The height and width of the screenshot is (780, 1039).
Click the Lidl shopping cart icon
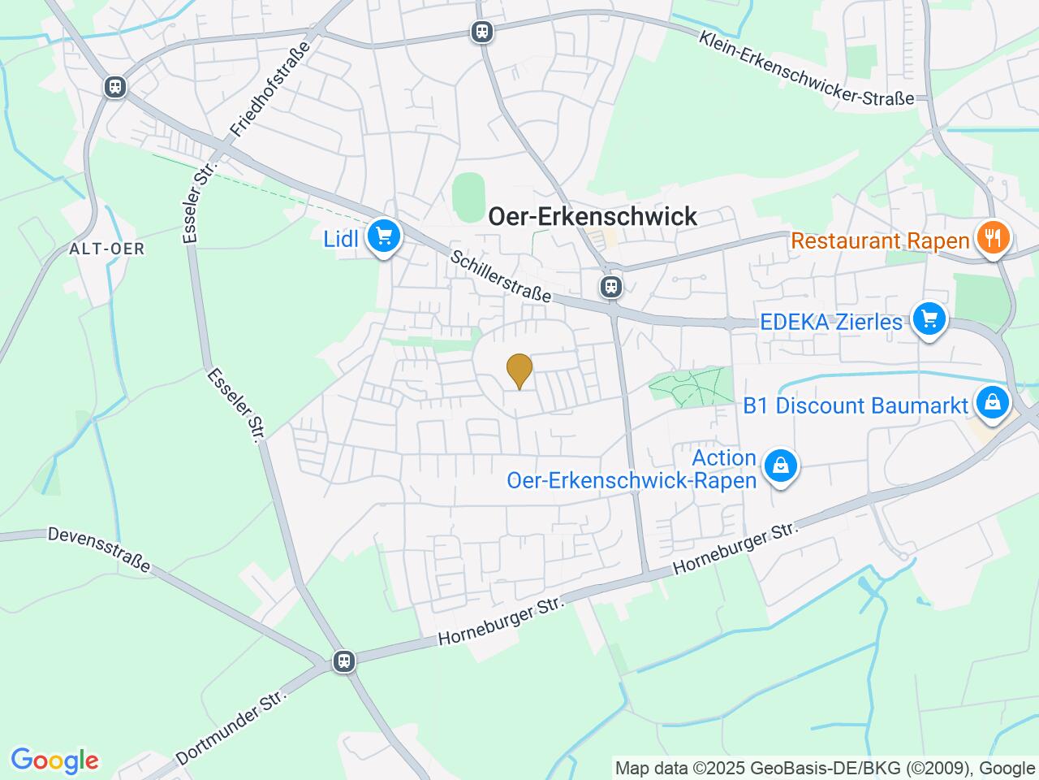383,236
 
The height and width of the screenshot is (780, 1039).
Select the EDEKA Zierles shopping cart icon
929,318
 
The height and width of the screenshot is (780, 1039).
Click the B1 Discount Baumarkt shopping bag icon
991,402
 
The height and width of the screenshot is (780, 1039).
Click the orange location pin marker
519,371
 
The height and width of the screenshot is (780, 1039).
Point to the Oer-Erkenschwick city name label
593,216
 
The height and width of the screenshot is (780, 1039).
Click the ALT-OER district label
107,249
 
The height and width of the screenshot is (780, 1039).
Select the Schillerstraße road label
501,276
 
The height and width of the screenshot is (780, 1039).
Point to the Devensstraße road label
99,549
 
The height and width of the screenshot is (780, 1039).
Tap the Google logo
54,761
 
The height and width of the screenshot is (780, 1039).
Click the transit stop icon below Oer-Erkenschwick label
610,286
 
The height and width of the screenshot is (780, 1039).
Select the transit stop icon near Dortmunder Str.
344,661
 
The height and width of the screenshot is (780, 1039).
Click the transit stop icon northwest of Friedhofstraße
115,87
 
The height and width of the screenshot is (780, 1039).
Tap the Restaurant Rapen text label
880,240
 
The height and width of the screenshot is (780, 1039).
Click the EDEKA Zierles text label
830,322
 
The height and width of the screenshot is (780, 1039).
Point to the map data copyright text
825,768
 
